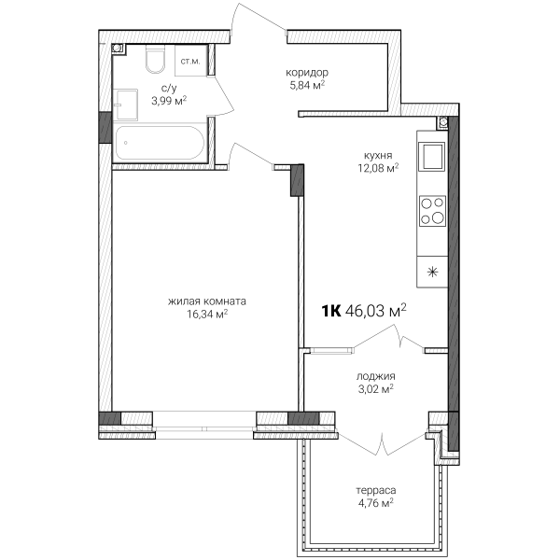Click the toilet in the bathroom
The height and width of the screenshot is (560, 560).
pos(155,59)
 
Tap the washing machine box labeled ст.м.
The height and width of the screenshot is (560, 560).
pos(191,61)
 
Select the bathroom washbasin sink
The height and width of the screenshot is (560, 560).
pos(126,105)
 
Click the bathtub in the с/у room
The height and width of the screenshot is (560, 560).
pos(160,143)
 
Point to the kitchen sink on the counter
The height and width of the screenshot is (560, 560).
pos(432,157)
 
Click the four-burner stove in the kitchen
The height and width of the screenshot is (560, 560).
pos(432,211)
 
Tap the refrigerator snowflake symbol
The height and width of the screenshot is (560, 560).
pos(432,273)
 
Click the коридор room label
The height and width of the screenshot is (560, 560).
pos(307,73)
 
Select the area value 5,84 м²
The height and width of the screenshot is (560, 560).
pos(307,85)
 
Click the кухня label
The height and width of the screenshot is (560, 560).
pos(378,156)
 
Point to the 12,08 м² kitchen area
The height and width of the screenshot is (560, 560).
pos(378,168)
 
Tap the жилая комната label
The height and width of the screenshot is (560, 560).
pos(207,301)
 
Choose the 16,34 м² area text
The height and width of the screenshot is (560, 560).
pos(207,314)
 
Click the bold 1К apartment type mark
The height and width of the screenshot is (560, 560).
pos(331,311)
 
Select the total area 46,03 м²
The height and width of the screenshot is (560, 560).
pos(376,311)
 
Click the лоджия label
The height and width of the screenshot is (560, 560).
pos(376,376)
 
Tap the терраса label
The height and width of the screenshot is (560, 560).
pos(376,490)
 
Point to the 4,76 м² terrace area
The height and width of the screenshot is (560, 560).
pos(376,503)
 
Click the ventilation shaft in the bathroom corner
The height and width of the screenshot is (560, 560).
pos(119,49)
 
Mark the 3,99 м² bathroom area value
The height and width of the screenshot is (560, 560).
pos(169,101)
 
